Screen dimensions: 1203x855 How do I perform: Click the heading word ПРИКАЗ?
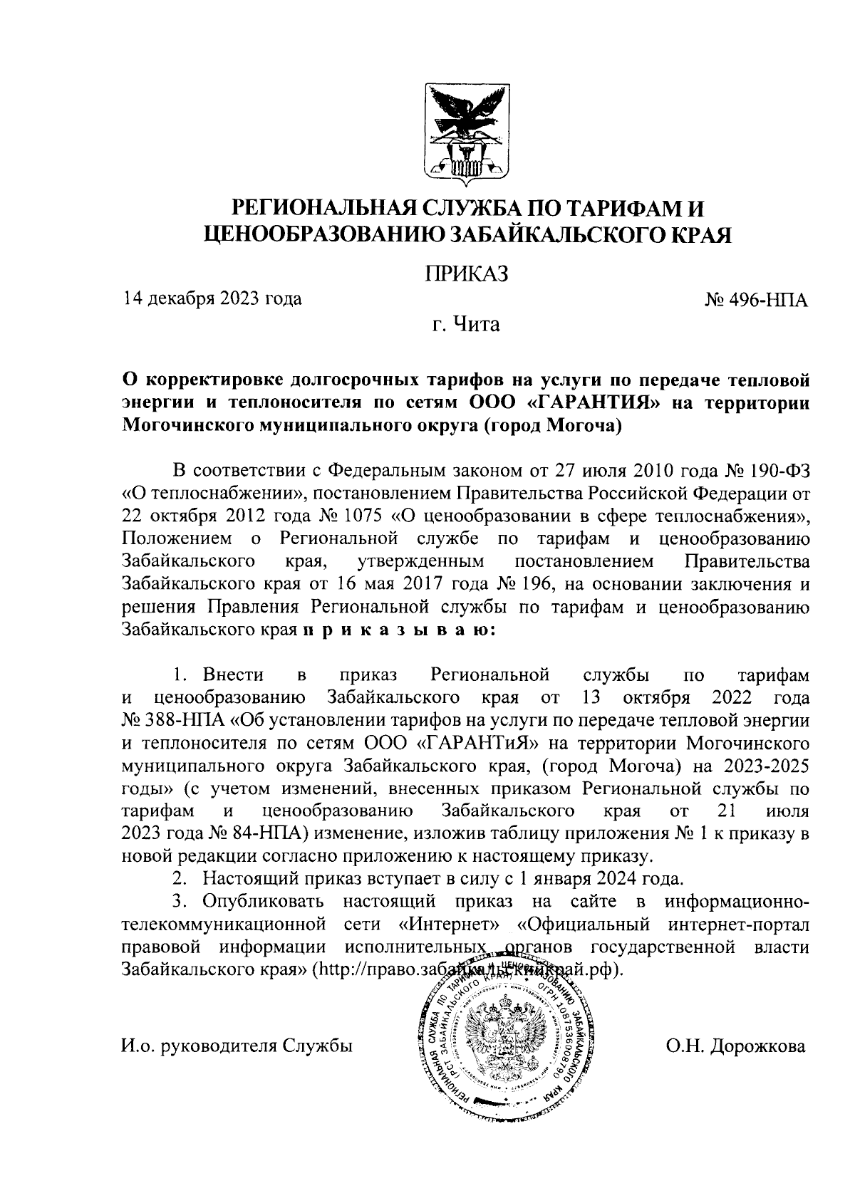[466, 274]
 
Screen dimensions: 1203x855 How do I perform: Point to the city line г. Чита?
[466, 325]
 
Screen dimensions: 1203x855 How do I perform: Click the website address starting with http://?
[470, 971]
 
